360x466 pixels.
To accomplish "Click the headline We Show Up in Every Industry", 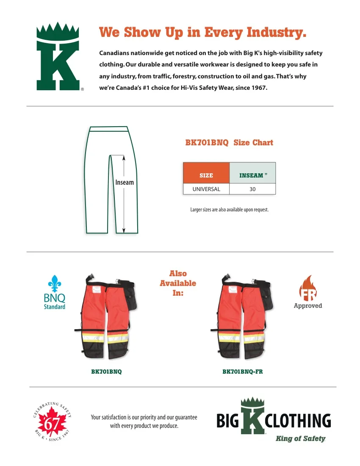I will [202, 32].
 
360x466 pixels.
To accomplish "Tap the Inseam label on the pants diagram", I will [124, 183].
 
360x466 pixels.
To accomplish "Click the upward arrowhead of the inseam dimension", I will [124, 158].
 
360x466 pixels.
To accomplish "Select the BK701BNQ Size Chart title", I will [229, 143].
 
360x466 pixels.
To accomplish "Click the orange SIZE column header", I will [206, 175].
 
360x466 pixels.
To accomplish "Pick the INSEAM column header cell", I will [253, 175].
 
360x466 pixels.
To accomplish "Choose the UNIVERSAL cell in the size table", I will [206, 189].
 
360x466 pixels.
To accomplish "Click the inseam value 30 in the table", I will [252, 189].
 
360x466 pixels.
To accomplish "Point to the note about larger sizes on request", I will [230, 210].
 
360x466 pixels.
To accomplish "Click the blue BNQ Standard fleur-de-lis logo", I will [54, 292].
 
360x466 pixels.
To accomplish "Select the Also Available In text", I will [178, 283].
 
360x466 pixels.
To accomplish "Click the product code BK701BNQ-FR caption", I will [243, 372].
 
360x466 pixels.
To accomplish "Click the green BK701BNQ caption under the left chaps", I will [106, 372].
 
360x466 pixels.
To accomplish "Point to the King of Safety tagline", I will [300, 438].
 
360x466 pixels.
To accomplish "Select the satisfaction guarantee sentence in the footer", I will [144, 422].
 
